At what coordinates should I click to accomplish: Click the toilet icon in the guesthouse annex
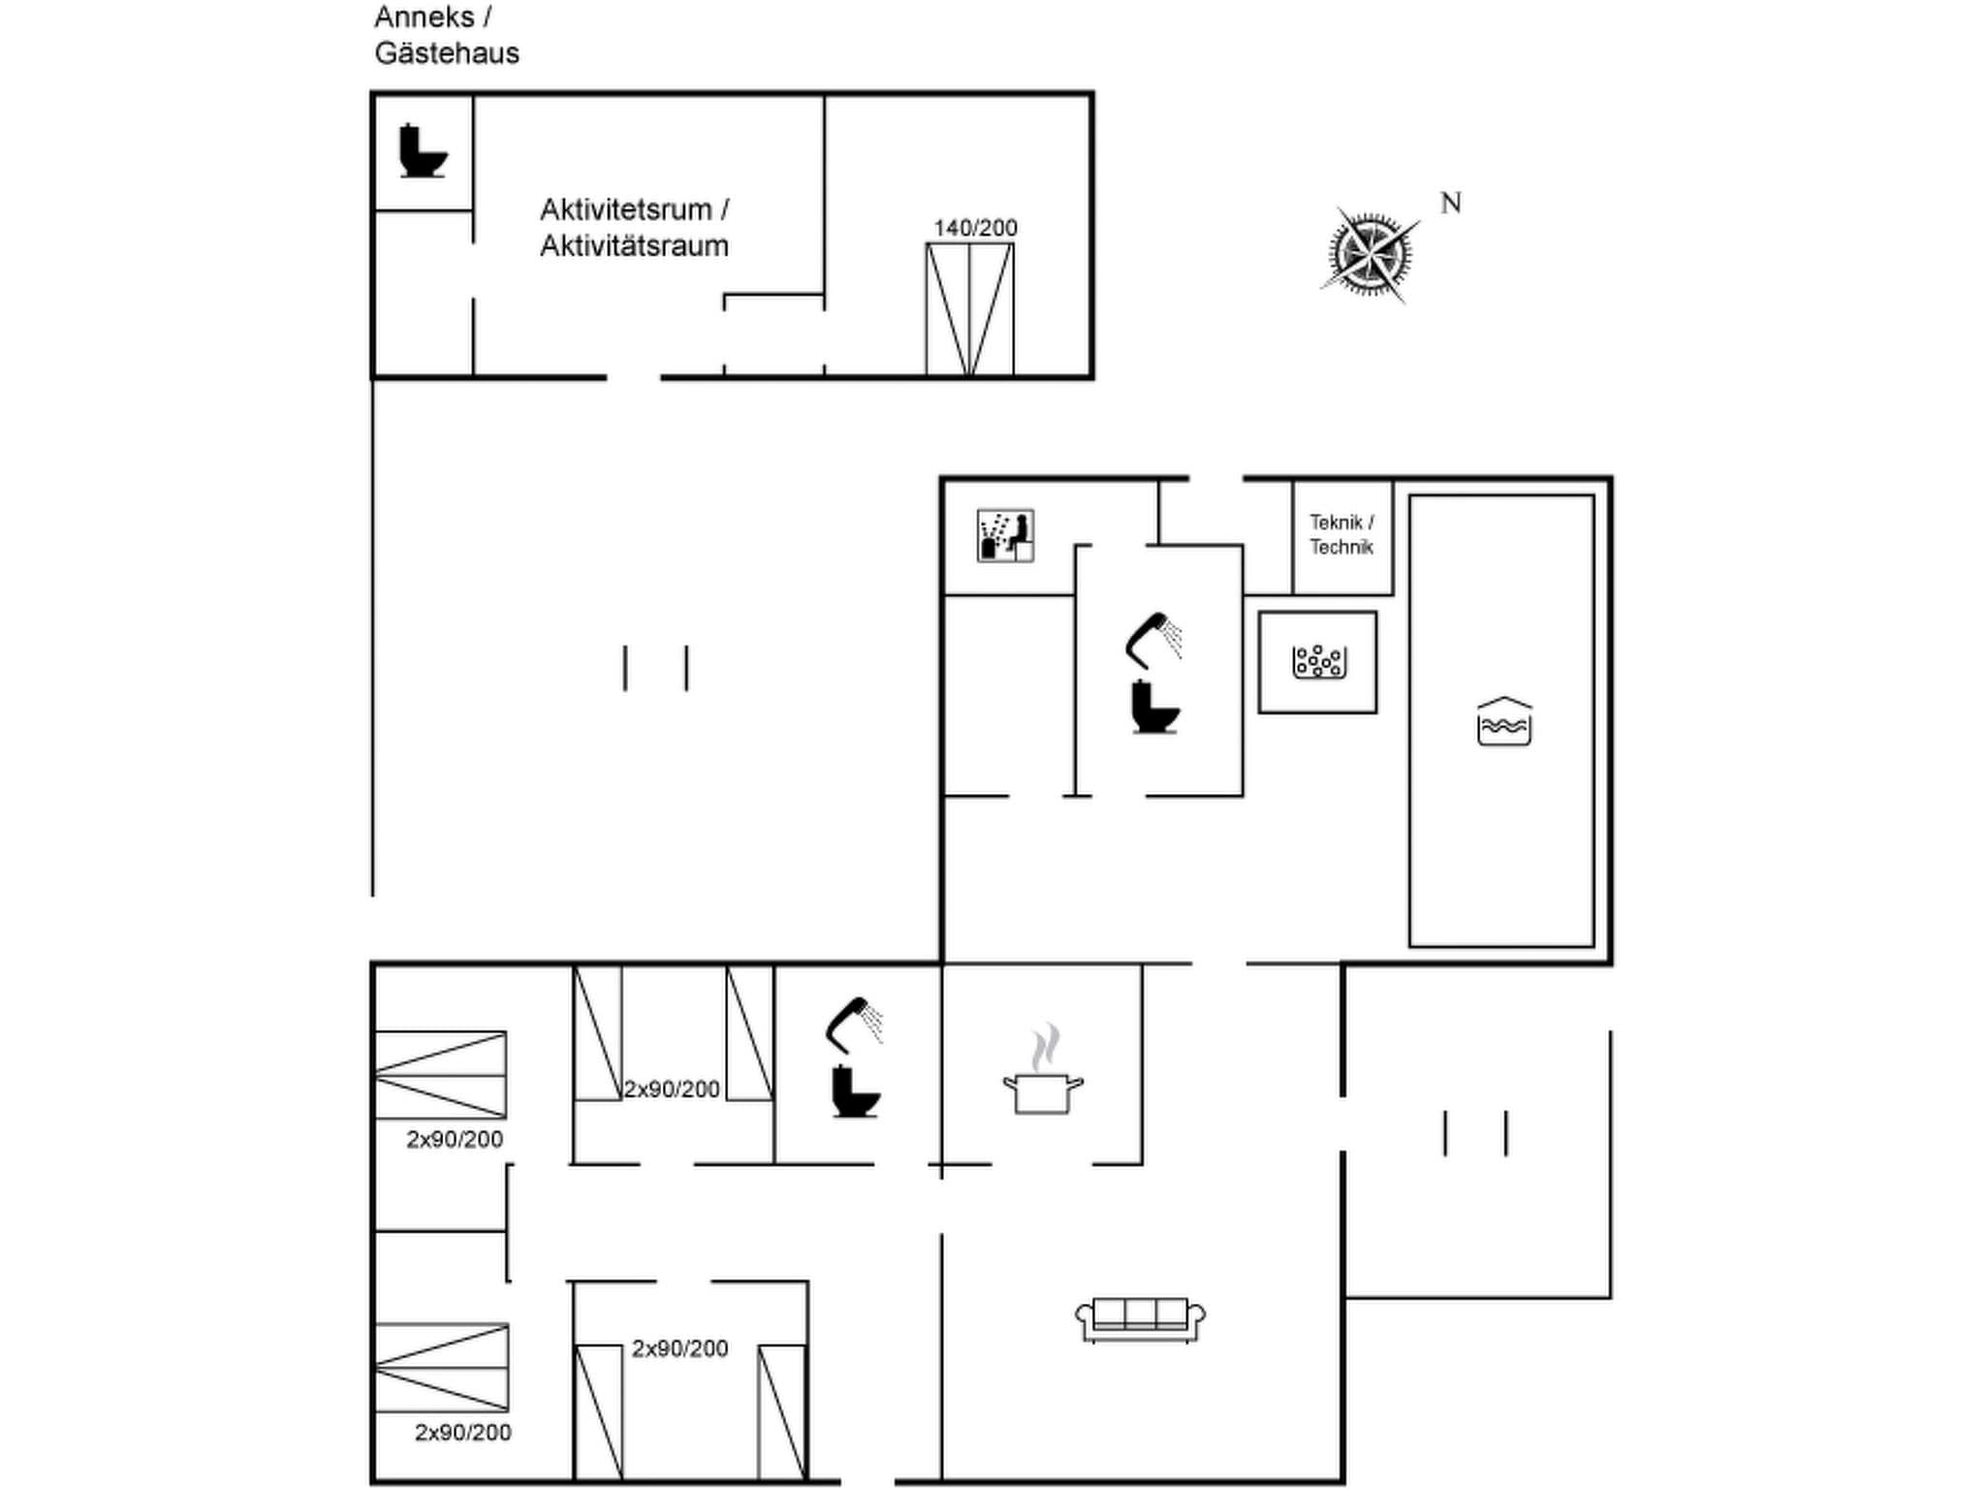[423, 151]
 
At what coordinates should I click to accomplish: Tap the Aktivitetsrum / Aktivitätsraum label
[635, 228]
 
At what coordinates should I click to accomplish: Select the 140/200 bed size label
[975, 228]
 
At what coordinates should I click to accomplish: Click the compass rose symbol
[1370, 255]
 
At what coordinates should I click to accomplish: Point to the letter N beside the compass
[1451, 204]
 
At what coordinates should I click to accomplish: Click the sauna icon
[1005, 535]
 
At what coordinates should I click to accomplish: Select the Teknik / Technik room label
[1341, 535]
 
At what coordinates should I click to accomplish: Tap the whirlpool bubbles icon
[1318, 662]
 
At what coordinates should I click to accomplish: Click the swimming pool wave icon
[1504, 722]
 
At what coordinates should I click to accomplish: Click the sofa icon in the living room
[1140, 1319]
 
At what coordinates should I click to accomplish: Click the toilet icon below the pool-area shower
[1154, 708]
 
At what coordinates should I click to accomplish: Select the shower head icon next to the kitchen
[854, 1024]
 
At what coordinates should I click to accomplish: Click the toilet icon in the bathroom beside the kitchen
[855, 1092]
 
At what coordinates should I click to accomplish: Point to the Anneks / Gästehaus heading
[447, 35]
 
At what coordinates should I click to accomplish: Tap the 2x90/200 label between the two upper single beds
[672, 1090]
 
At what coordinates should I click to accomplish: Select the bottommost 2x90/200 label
[463, 1433]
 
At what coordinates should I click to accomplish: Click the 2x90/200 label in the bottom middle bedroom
[680, 1348]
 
